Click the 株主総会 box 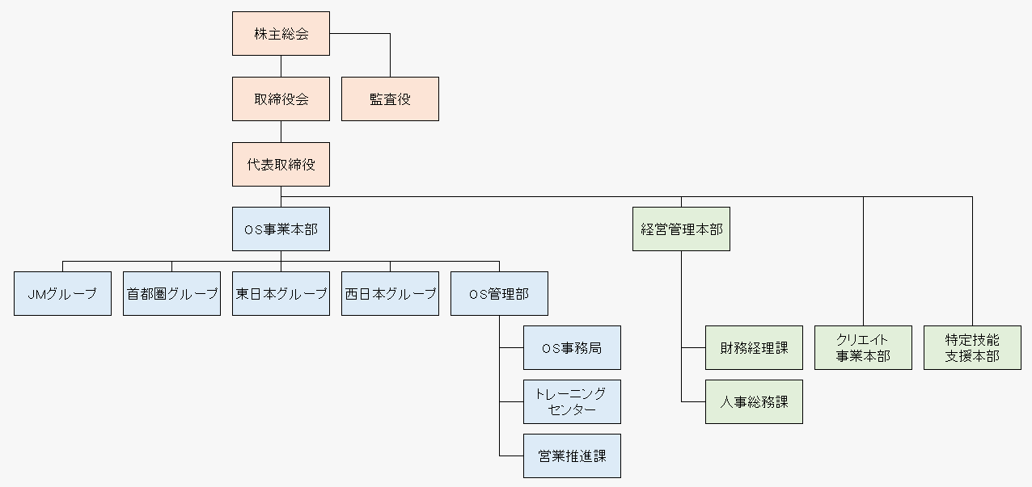pos(281,34)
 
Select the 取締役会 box pos(281,99)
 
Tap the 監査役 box pos(390,99)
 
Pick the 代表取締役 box pos(281,165)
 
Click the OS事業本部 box pos(281,229)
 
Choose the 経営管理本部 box pos(681,229)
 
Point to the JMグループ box pos(62,294)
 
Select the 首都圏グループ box pos(171,294)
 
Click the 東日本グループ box pos(281,294)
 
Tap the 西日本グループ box pos(390,294)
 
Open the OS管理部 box pos(499,294)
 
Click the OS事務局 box pos(572,348)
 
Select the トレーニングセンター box pos(572,401)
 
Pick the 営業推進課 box pos(572,456)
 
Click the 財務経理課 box pos(754,348)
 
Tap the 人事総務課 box pos(754,401)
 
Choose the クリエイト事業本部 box pos(863,348)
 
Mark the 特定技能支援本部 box pos(972,348)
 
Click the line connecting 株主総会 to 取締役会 pos(281,66)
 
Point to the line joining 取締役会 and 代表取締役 pos(281,132)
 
